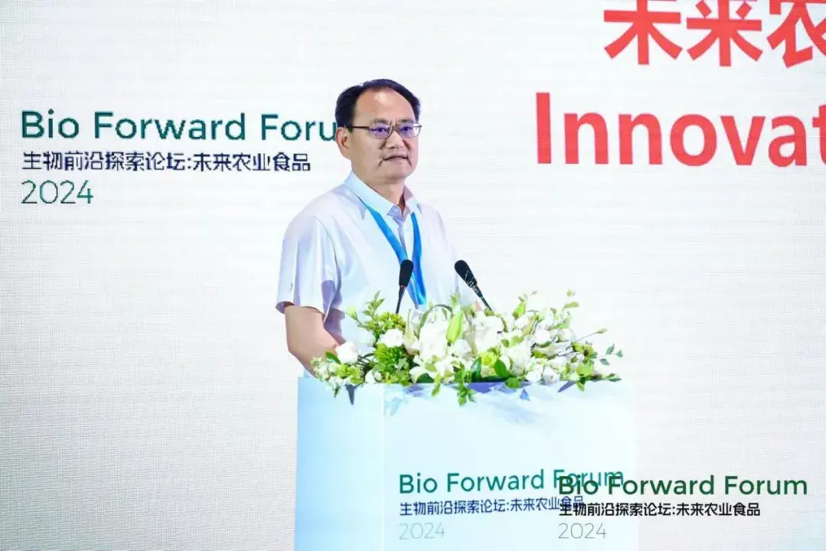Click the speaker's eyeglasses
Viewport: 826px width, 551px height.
click(387, 130)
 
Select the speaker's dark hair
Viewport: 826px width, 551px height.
click(375, 96)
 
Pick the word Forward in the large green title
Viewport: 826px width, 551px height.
click(170, 126)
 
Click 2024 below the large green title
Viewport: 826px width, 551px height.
click(57, 192)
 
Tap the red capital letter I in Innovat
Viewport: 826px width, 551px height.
click(544, 129)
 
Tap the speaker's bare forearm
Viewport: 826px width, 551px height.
click(306, 337)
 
